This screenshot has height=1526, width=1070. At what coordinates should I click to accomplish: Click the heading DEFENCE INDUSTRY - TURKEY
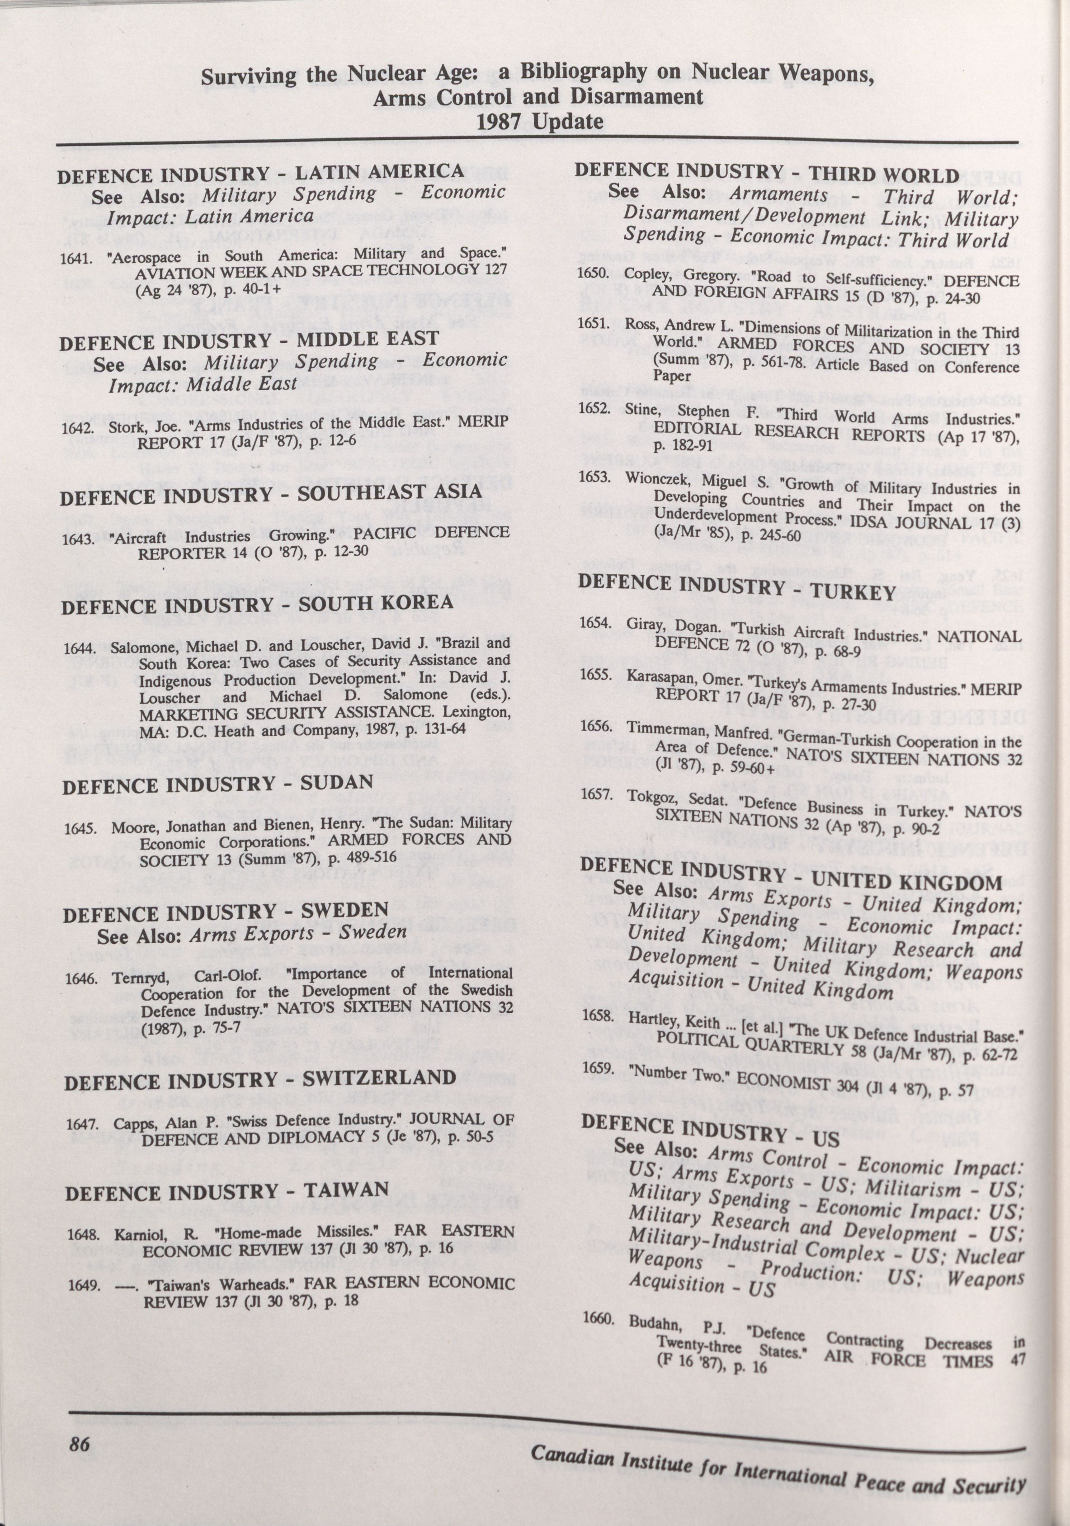coord(738,586)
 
